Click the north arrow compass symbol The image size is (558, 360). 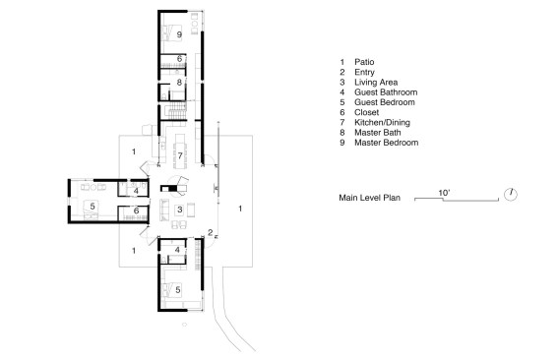(x=511, y=194)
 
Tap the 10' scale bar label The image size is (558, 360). (x=444, y=193)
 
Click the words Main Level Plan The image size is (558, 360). (x=369, y=198)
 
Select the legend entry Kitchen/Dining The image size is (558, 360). (x=382, y=122)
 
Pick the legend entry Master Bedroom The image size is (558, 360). (x=386, y=143)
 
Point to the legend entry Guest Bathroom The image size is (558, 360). (x=386, y=92)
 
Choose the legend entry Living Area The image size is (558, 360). (x=376, y=83)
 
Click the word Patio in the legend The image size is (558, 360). (x=364, y=62)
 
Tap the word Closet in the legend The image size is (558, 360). (x=366, y=112)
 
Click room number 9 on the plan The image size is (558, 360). (x=179, y=34)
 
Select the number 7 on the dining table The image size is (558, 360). (x=180, y=155)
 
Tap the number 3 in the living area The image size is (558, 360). (x=180, y=210)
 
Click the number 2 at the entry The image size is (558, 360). (x=211, y=233)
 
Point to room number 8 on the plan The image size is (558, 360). (x=179, y=83)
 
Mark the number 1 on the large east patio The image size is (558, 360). (x=240, y=209)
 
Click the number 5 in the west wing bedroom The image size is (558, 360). (x=93, y=206)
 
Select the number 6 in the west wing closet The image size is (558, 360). (x=136, y=210)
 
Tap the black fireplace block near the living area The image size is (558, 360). (x=168, y=189)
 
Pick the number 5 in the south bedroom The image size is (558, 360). (x=178, y=290)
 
